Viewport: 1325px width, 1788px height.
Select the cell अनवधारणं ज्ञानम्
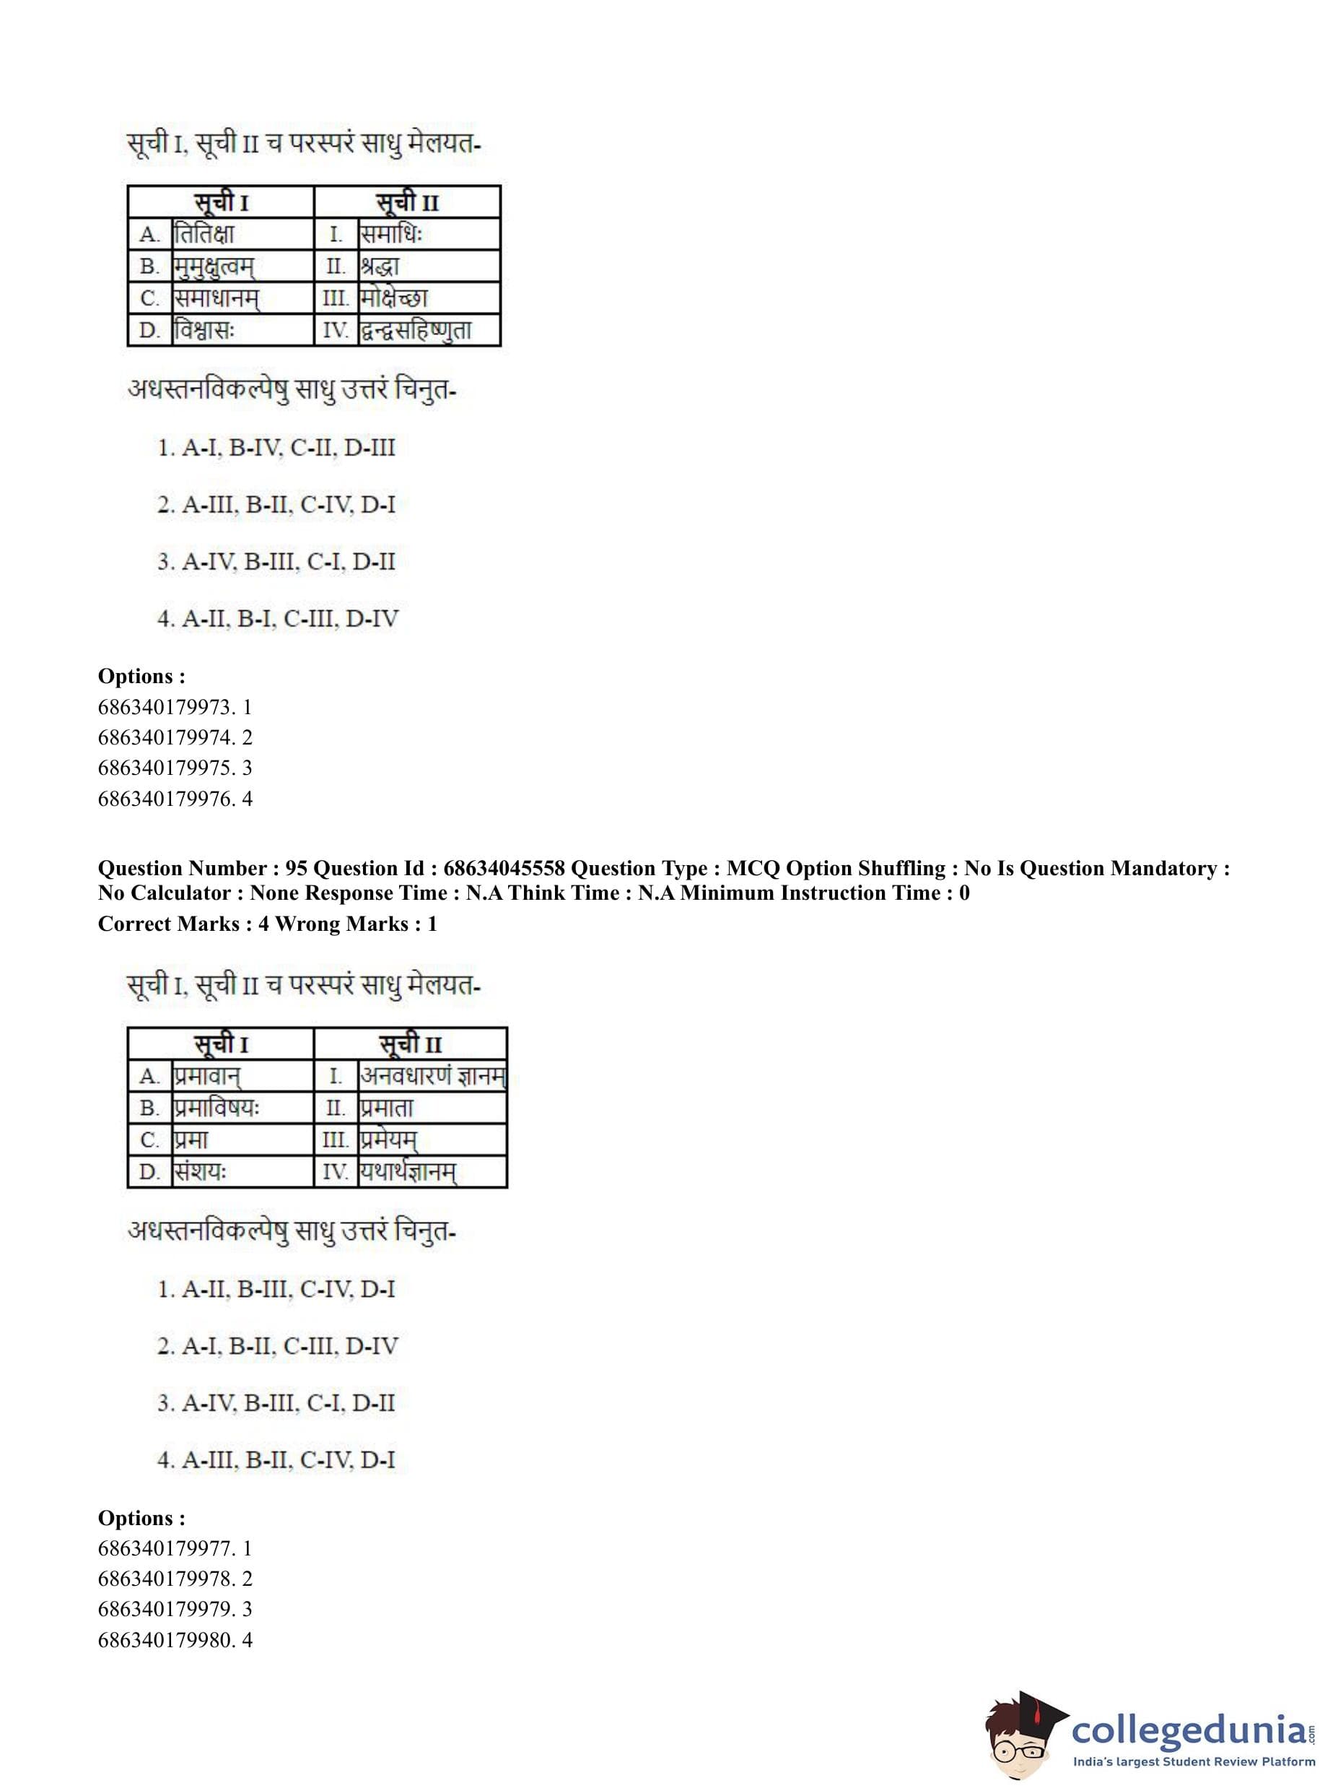click(432, 1076)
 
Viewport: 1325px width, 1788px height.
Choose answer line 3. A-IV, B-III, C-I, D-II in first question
click(276, 562)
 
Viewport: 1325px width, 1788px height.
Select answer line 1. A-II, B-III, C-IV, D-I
click(276, 1290)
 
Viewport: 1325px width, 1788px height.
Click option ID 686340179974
click(175, 737)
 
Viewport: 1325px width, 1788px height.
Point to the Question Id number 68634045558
click(504, 868)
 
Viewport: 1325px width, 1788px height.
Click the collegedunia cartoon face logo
click(1023, 1733)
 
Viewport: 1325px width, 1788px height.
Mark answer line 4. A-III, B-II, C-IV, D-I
click(276, 1459)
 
